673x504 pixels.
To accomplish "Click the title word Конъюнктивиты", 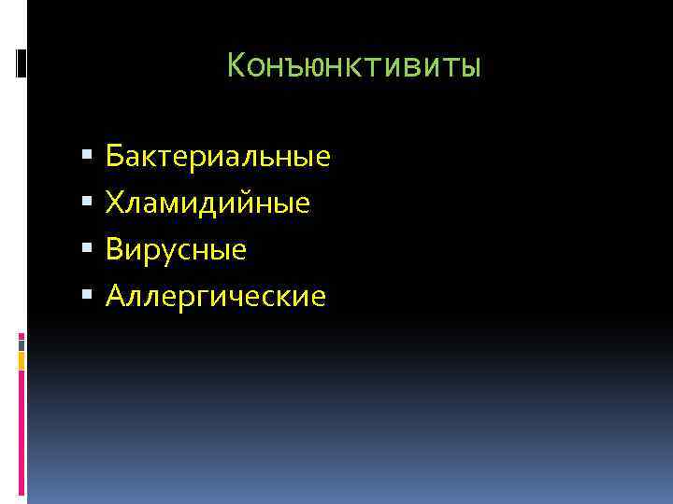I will tap(354, 66).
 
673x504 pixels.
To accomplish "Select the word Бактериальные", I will tap(218, 156).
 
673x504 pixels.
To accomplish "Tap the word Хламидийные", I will tap(208, 203).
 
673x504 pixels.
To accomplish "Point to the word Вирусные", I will tap(177, 249).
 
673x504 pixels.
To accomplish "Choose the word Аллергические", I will tap(216, 297).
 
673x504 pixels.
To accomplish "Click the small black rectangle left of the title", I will tap(21, 63).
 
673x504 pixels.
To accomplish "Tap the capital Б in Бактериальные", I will tap(115, 156).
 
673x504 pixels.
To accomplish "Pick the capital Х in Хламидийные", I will tap(115, 203).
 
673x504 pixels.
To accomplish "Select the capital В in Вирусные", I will tap(115, 249).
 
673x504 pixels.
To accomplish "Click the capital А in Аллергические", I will tap(116, 297).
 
